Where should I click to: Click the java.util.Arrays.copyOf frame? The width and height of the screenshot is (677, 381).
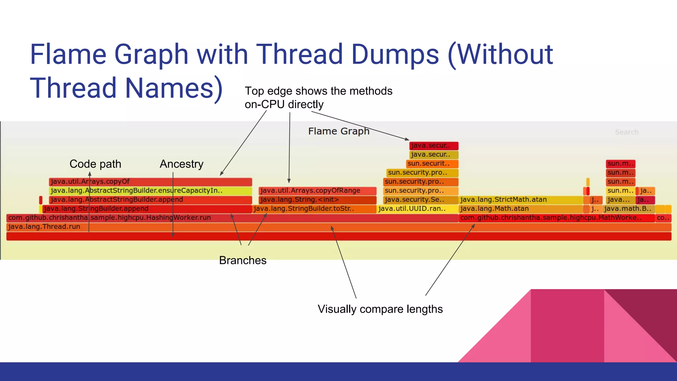[150, 182]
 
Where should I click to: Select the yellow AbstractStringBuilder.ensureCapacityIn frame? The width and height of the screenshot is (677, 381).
[150, 191]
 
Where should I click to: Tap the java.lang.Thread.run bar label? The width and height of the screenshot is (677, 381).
[44, 227]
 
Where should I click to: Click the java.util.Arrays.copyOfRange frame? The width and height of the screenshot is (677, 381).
[317, 191]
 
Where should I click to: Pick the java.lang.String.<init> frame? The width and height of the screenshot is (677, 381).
[317, 200]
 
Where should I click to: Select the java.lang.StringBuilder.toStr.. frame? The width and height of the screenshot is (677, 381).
[314, 209]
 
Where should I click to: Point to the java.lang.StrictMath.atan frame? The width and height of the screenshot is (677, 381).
[521, 200]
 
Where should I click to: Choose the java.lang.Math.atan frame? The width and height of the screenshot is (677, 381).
[521, 209]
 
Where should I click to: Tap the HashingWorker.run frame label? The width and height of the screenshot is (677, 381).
[109, 218]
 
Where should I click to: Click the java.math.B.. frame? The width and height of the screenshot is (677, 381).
[628, 209]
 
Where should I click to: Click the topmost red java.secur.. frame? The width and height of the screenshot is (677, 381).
[434, 146]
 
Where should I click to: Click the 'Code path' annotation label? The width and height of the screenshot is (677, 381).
[95, 164]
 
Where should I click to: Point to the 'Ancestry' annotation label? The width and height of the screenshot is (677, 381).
[181, 164]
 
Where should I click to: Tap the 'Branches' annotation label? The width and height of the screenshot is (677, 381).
[243, 260]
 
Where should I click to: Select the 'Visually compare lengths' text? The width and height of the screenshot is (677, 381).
[380, 309]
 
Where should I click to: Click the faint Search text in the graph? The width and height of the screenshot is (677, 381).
[626, 132]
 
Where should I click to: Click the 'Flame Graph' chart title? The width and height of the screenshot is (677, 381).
[338, 131]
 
